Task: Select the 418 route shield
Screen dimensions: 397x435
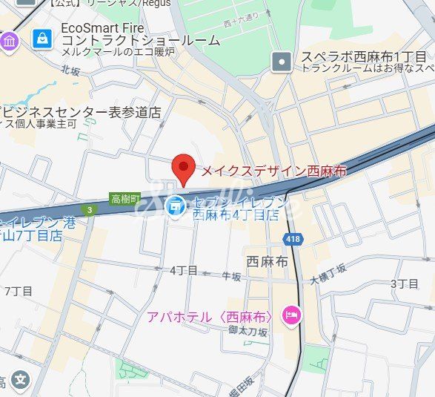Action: click(x=292, y=238)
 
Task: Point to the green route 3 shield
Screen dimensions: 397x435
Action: click(x=89, y=210)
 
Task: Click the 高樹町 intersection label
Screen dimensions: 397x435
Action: click(x=124, y=198)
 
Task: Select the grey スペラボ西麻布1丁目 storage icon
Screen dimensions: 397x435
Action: click(x=281, y=62)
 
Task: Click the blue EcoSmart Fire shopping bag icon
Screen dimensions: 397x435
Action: click(x=42, y=36)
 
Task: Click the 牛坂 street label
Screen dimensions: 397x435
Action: click(x=231, y=277)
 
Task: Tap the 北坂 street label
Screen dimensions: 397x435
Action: click(x=70, y=71)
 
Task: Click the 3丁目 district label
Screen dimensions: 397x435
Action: click(x=404, y=283)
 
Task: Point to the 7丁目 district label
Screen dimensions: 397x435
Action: click(x=17, y=290)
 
